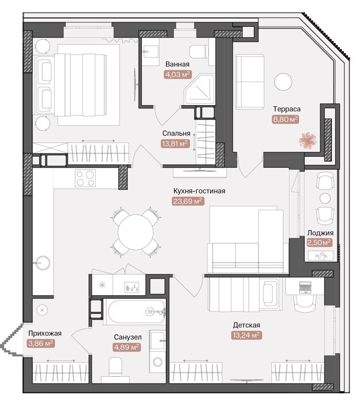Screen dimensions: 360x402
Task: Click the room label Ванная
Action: [x=177, y=64]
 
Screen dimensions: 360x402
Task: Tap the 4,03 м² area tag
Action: [x=177, y=75]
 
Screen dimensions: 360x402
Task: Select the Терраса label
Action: [x=287, y=109]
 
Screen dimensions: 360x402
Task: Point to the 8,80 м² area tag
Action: [x=285, y=119]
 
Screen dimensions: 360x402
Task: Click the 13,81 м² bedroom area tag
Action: [x=176, y=144]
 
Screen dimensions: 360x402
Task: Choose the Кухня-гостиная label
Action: [x=199, y=191]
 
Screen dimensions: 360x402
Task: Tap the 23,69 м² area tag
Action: [x=188, y=202]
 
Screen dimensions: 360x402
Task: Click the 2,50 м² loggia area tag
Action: [x=319, y=242]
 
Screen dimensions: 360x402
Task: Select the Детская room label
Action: [x=246, y=325]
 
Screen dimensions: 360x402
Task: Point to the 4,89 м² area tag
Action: [x=127, y=347]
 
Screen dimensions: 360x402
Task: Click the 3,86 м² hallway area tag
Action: [x=40, y=343]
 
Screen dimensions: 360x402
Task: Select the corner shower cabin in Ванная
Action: [x=200, y=90]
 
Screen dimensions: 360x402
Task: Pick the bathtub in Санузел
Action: [x=136, y=312]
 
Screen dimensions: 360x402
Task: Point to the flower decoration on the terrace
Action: [x=307, y=140]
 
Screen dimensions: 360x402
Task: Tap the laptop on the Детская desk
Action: [x=305, y=287]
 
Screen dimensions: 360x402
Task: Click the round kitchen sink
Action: [x=42, y=263]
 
